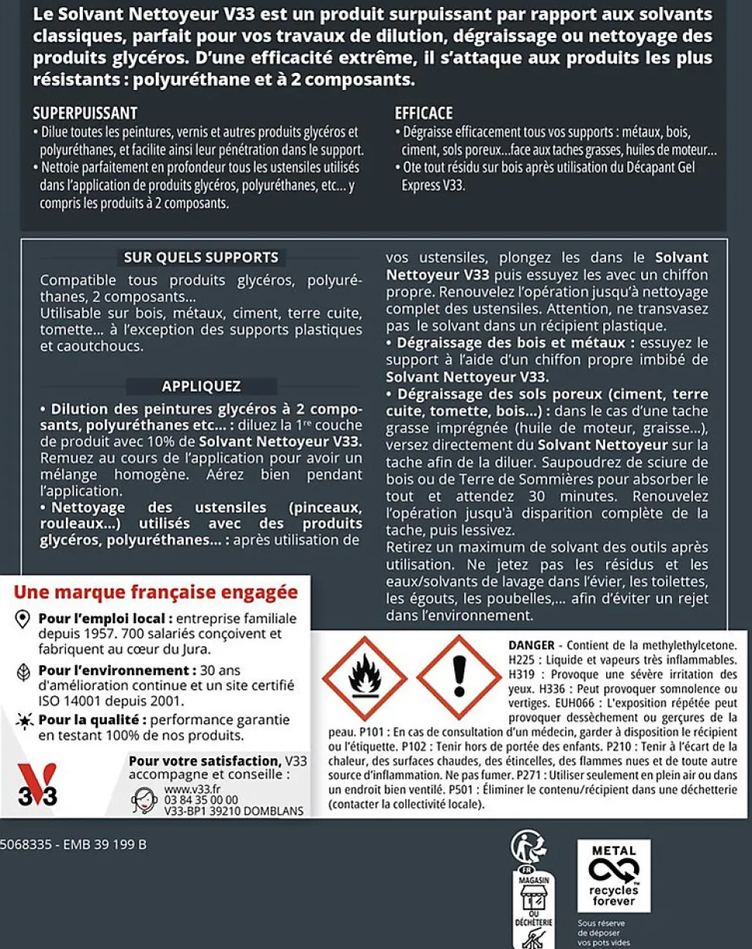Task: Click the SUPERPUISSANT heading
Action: coord(85,113)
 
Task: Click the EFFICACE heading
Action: coord(423,113)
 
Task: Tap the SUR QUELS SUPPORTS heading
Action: coord(201,257)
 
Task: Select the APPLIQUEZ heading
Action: coord(201,386)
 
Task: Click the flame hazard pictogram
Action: coord(364,677)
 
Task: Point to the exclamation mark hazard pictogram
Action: coord(459,677)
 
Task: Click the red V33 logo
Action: coord(37,785)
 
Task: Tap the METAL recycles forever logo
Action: coord(613,875)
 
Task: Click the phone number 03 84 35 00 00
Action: coord(202,799)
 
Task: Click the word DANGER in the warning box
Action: coord(531,645)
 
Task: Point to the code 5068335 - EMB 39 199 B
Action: coord(74,844)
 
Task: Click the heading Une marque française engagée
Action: coord(156,592)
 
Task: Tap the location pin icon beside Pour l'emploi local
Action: coord(24,619)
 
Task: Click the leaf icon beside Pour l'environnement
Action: coord(24,670)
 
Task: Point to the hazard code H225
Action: coord(522,659)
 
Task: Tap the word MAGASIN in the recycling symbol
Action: coord(535,881)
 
